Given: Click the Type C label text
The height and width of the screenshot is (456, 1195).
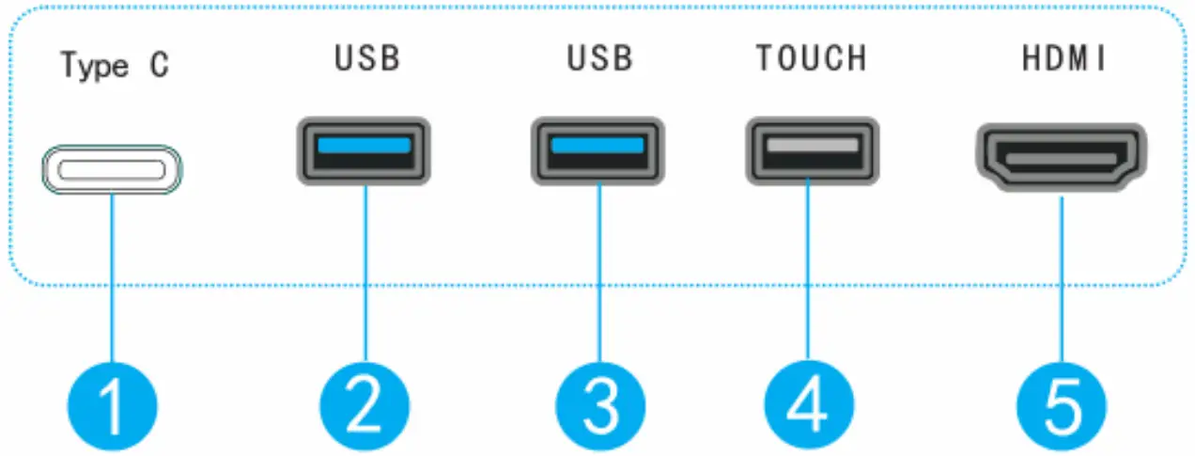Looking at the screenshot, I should (x=115, y=67).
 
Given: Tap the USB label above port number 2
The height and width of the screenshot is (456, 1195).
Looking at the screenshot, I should (x=367, y=58).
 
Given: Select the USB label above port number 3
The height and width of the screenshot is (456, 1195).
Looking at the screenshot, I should (x=600, y=58).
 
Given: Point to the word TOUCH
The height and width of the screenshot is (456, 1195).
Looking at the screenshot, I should (x=811, y=58).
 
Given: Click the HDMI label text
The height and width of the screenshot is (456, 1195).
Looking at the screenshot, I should (x=1063, y=58).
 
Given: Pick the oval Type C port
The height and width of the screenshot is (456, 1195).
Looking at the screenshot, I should (x=112, y=169).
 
